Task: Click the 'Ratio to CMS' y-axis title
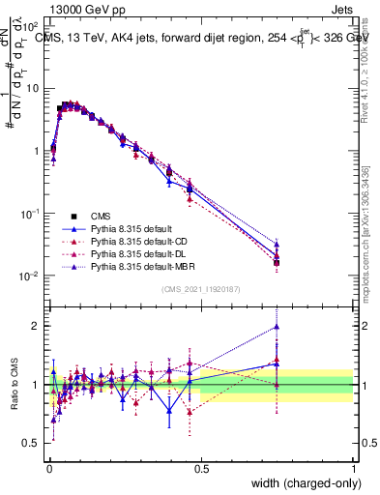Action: (15, 385)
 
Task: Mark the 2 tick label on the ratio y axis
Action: (35, 326)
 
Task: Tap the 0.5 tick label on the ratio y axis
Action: (31, 444)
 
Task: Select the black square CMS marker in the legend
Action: (73, 216)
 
